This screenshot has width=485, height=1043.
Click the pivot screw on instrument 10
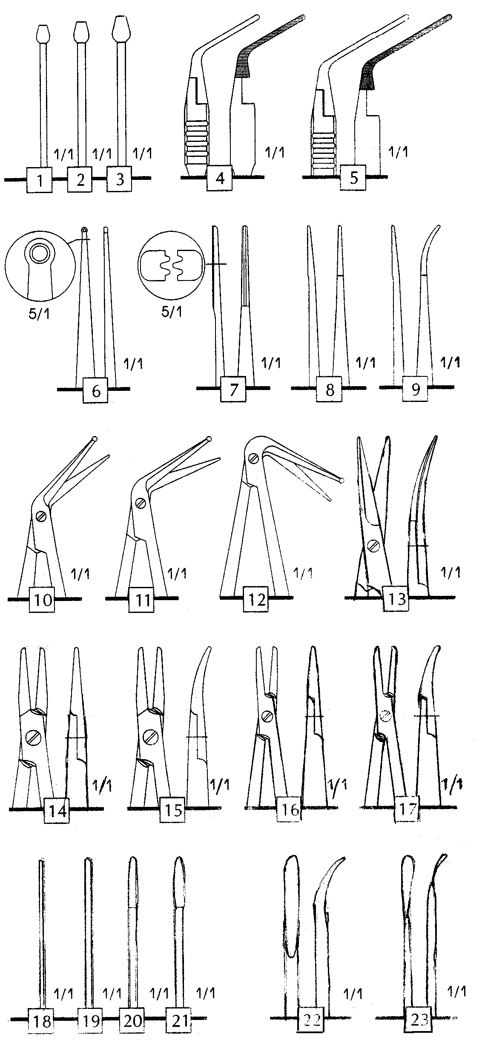[41, 516]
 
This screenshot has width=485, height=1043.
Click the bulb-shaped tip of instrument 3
[121, 29]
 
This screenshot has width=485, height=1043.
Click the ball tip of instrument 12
[341, 481]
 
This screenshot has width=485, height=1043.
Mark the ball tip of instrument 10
[95, 439]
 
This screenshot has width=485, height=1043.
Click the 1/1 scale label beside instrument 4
[274, 152]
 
